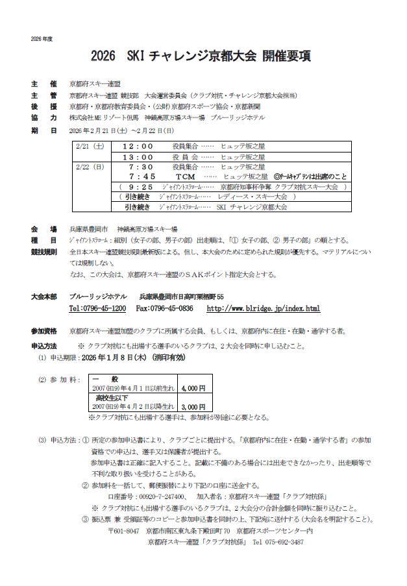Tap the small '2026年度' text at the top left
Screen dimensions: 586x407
click(41, 39)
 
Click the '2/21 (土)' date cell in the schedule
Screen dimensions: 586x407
click(90, 146)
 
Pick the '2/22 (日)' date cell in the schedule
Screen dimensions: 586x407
click(90, 167)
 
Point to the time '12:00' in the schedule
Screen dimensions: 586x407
click(138, 146)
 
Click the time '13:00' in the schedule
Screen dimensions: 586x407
click(138, 156)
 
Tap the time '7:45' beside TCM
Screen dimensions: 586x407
click(142, 177)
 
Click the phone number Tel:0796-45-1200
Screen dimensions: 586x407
click(97, 308)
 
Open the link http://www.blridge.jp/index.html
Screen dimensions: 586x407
click(263, 308)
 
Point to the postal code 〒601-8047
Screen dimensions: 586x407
click(123, 531)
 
